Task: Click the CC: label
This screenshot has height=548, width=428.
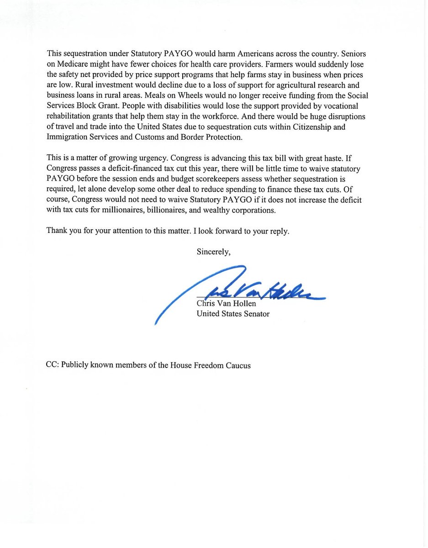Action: (x=53, y=365)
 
